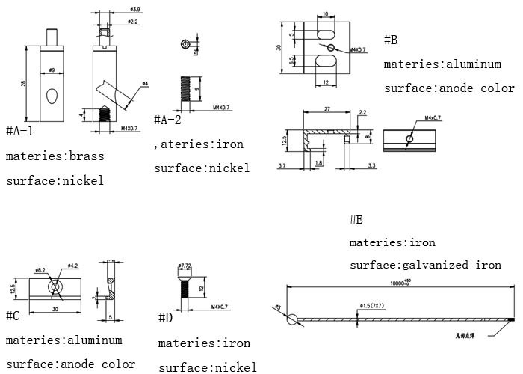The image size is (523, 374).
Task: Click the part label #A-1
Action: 19,132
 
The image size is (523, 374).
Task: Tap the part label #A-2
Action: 167,120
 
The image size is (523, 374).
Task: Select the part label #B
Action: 391,40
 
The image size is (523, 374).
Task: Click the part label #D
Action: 165,319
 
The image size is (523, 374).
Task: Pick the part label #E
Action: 356,220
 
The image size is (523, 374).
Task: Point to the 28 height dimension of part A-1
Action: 23,84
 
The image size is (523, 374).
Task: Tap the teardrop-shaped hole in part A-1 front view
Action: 52,95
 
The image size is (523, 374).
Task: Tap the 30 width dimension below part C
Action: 56,308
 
